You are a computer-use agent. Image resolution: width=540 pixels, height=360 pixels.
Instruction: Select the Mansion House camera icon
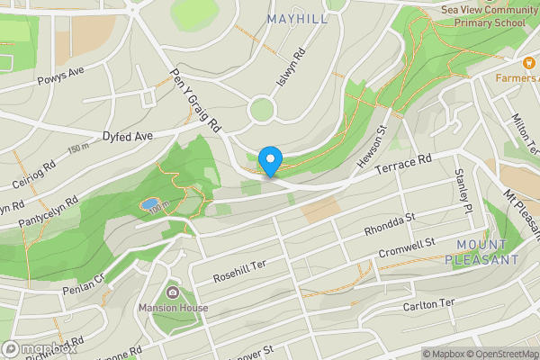(x=173, y=292)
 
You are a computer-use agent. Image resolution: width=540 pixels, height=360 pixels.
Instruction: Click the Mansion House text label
(x=173, y=308)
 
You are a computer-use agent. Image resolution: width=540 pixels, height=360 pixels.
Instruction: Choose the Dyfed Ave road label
(x=128, y=136)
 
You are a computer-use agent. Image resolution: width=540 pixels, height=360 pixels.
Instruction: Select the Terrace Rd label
(x=404, y=164)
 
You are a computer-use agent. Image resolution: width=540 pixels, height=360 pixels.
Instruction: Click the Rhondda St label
(x=389, y=223)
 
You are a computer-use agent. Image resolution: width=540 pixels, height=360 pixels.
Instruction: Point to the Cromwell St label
(x=406, y=247)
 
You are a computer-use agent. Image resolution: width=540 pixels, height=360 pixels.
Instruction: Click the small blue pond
(x=148, y=204)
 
